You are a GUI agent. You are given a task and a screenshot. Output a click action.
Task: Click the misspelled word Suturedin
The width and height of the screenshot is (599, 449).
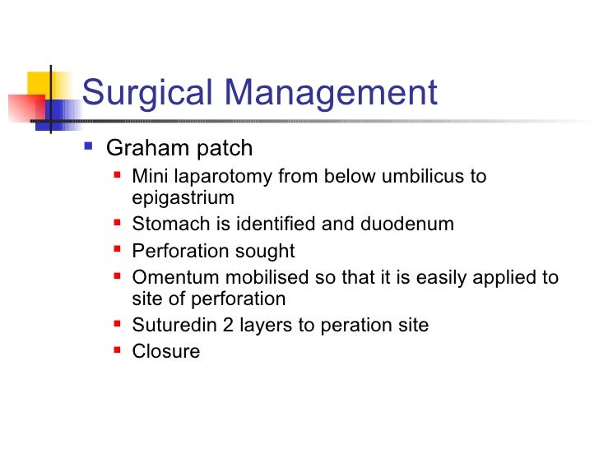169,326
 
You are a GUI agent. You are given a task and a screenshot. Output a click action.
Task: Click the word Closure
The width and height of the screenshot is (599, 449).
165,352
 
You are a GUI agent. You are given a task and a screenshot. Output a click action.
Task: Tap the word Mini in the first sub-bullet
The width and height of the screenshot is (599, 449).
148,177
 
